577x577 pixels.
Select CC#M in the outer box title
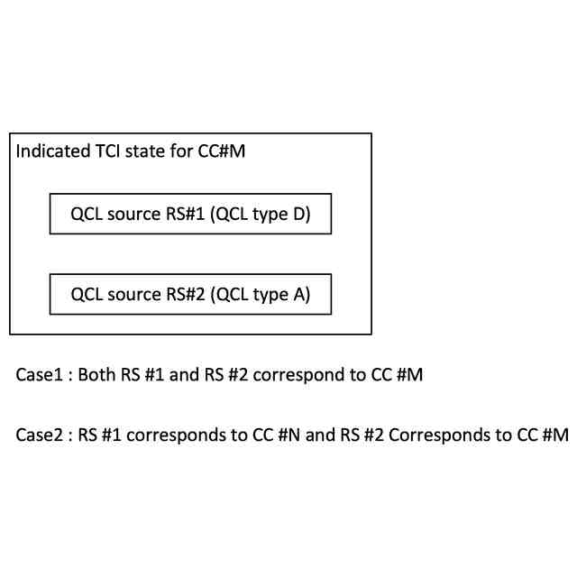click(222, 151)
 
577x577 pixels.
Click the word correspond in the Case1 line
click(294, 374)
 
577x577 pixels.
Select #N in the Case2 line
click(288, 435)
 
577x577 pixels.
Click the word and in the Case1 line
click(184, 374)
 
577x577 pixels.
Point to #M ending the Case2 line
click(555, 435)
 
